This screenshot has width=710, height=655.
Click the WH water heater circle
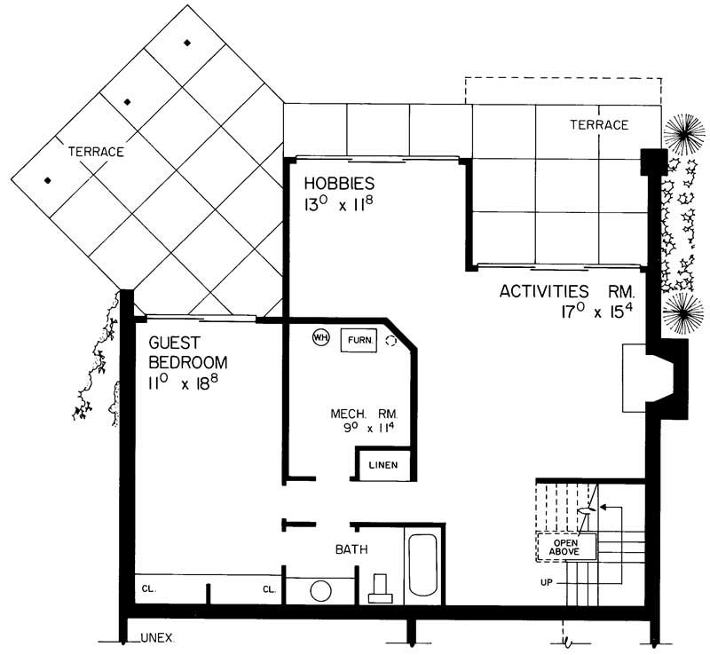[x=319, y=337]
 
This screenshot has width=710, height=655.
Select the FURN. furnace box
[x=359, y=340]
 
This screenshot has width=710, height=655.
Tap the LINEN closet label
[x=383, y=464]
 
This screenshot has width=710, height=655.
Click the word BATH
[x=351, y=550]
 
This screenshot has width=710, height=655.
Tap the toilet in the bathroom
[x=381, y=588]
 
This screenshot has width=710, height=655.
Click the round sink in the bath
[x=320, y=590]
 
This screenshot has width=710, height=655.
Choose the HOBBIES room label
[x=340, y=184]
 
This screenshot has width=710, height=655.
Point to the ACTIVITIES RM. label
[x=569, y=290]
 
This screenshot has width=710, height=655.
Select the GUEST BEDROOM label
[x=187, y=351]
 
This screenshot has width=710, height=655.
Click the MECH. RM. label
[x=364, y=414]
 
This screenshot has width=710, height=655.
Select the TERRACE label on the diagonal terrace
[x=96, y=152]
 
